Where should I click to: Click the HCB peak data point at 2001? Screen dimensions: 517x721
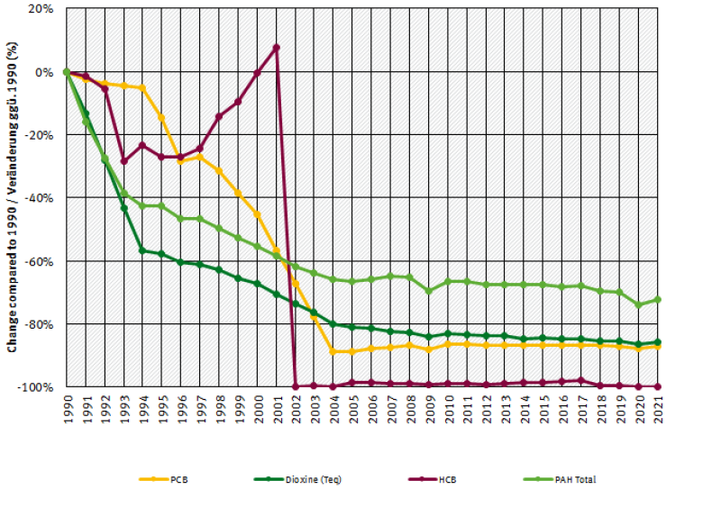(x=277, y=47)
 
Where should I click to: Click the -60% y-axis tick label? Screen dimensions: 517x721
(x=41, y=261)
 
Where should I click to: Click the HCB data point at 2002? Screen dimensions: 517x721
(x=296, y=386)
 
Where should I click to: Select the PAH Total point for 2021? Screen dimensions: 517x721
(x=658, y=299)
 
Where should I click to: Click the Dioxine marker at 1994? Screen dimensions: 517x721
(x=142, y=250)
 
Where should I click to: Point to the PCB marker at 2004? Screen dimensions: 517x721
(x=333, y=351)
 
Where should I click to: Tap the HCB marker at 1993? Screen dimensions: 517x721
(x=123, y=161)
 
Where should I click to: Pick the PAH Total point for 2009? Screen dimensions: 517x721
(x=429, y=291)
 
